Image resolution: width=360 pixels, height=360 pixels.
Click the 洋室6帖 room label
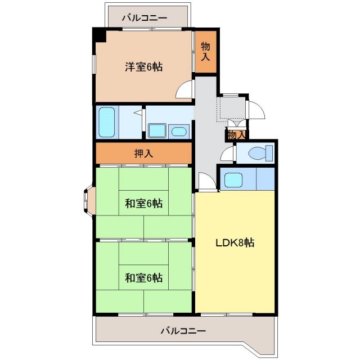pos(144,67)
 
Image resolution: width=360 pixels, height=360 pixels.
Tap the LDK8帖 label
pos(235,243)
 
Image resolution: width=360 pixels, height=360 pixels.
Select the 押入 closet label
pos(143,152)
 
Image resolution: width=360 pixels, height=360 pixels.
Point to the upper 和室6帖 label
pos(143,204)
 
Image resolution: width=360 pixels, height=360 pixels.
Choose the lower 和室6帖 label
pos(143,277)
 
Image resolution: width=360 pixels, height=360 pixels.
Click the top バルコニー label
pos(145,17)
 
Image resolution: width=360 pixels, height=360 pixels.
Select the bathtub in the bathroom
pos(107,122)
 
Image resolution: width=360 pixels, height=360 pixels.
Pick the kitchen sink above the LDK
pos(232,180)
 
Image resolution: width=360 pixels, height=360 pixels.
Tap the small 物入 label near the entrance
pos(236,135)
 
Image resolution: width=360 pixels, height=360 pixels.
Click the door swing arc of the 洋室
pos(185,91)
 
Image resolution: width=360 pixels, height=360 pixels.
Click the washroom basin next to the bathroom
pos(178,132)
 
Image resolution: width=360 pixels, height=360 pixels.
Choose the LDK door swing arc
pos(205,181)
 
